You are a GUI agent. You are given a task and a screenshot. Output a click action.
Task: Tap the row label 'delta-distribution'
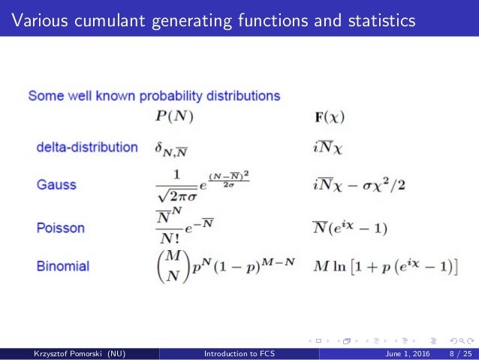[x=87, y=147]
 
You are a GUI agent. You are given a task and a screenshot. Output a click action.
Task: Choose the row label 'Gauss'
[x=56, y=184]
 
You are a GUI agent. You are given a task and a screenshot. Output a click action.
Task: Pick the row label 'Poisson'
[x=61, y=227]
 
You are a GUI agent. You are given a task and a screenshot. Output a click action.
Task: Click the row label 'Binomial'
[x=63, y=265]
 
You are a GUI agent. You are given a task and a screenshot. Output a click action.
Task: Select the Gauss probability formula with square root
[x=202, y=184]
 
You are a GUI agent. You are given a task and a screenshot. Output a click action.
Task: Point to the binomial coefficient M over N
[x=172, y=265]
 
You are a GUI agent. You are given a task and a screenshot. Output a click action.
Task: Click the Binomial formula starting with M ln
[x=384, y=265]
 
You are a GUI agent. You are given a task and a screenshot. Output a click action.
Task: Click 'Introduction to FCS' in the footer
[x=239, y=354]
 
